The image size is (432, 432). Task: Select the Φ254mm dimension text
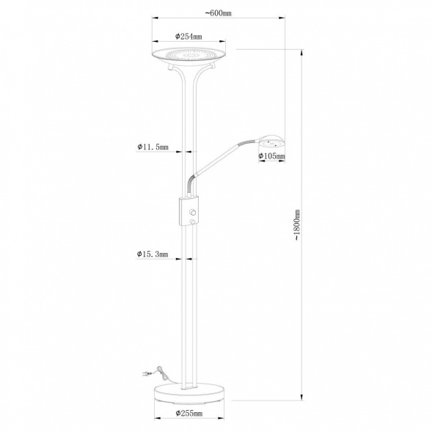click(189, 36)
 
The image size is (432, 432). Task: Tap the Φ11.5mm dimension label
click(153, 147)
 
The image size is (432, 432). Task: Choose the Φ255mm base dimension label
click(188, 414)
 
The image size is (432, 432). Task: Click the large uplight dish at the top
click(188, 54)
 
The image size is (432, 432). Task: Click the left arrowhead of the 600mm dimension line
click(153, 21)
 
